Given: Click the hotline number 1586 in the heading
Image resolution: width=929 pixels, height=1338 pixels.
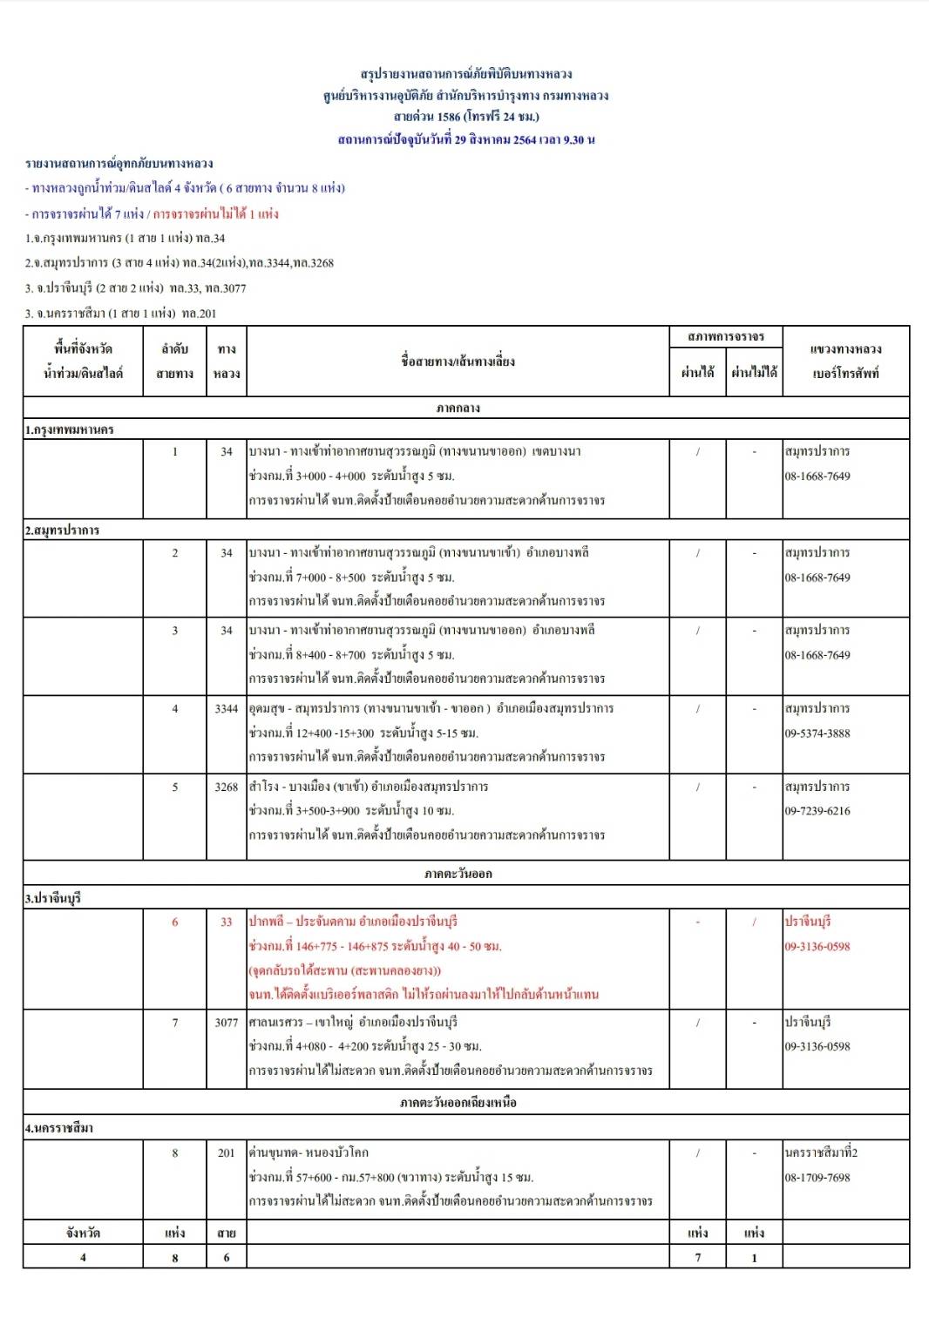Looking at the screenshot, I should (448, 117).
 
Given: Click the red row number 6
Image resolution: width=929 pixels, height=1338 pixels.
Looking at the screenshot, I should (174, 922).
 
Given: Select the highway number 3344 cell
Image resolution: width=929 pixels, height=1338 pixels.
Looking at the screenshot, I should (226, 709).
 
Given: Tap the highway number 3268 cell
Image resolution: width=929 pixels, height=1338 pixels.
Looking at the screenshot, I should (226, 787).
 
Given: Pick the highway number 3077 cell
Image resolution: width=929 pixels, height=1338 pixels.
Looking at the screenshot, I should (226, 1023).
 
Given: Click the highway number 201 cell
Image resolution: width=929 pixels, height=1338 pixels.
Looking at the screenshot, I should (226, 1153).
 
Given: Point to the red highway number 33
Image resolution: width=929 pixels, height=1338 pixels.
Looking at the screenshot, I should (226, 922).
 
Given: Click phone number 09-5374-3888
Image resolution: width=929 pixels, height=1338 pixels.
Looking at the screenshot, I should (817, 733).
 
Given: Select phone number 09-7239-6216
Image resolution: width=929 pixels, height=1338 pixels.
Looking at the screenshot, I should (817, 811).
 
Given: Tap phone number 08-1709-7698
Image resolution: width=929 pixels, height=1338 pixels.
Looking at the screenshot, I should (817, 1178).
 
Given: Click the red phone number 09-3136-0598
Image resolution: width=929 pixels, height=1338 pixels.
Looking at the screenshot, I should (817, 947).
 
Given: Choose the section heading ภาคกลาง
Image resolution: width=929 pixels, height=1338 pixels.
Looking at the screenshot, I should (458, 408).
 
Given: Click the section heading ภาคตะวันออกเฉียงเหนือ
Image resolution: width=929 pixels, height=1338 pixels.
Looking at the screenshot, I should (458, 1103).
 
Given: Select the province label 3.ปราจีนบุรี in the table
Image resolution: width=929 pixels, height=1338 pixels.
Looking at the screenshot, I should (53, 898).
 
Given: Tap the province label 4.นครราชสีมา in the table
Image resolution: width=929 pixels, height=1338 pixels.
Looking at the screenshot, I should (58, 1128).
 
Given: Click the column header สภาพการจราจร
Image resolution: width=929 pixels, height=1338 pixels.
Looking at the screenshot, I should (725, 336).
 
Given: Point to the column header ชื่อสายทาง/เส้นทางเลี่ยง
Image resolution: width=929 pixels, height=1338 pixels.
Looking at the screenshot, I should (458, 361).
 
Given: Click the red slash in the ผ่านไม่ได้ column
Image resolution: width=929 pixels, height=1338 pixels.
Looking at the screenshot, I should (754, 922).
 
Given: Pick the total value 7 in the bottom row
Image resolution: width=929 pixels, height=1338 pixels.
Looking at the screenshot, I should (697, 1257).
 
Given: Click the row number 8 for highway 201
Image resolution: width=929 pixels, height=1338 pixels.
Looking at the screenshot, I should (174, 1153).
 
